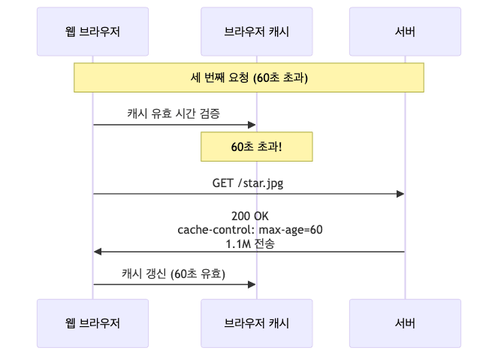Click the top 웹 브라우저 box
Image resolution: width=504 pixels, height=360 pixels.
[93, 32]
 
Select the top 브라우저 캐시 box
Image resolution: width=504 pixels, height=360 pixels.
[256, 32]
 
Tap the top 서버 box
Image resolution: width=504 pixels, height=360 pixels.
[405, 32]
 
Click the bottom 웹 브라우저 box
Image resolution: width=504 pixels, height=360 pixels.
[93, 323]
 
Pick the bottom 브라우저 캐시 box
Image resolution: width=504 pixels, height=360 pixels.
[256, 323]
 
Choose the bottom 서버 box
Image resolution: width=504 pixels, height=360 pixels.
[405, 323]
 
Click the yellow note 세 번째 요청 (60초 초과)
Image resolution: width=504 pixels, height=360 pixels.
[249, 77]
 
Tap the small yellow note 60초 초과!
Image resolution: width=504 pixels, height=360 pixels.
[256, 147]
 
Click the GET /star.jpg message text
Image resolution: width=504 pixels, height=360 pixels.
[249, 182]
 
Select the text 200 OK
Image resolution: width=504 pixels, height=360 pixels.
[249, 216]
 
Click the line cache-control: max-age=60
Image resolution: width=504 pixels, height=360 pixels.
[249, 229]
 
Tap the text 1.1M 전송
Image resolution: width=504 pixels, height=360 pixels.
[249, 243]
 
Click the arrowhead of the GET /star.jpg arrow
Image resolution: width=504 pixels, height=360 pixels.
[401, 194]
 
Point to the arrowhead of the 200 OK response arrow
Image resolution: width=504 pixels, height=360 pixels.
[98, 251]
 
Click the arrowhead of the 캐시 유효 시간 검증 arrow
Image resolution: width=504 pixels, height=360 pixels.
[252, 125]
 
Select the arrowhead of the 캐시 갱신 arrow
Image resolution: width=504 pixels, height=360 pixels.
[252, 284]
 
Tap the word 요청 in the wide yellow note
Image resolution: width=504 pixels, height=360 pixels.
[239, 77]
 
